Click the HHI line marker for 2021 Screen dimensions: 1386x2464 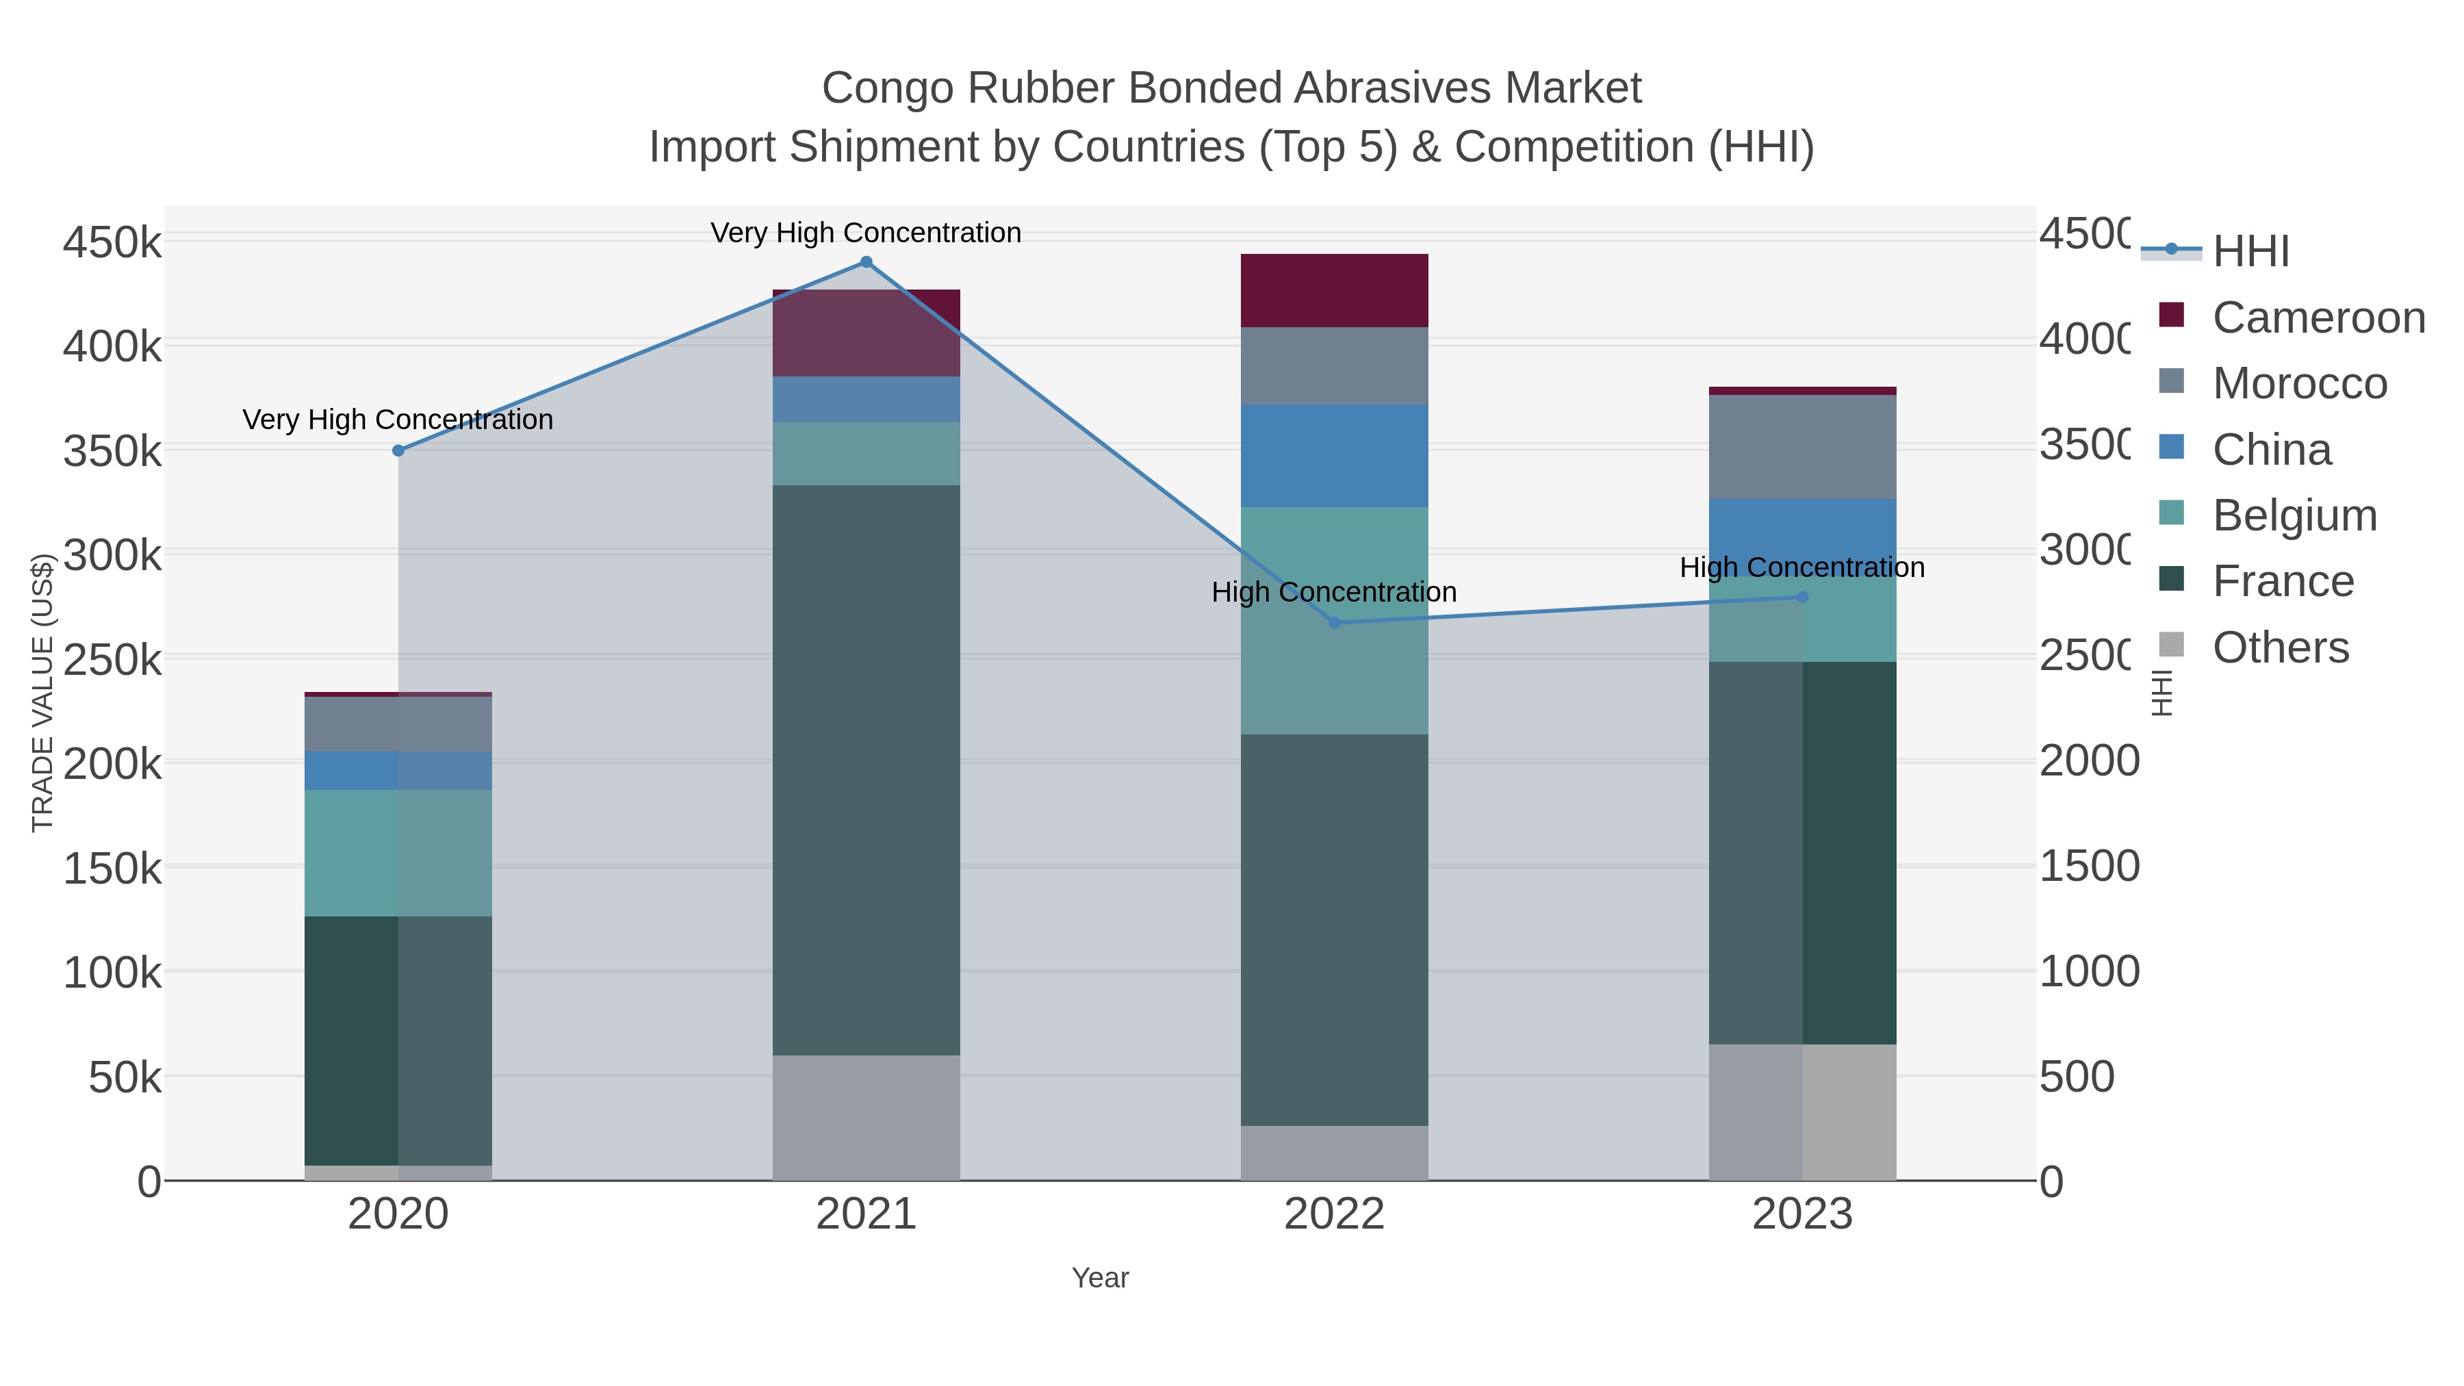pos(866,262)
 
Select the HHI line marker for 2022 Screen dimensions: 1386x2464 pos(1335,623)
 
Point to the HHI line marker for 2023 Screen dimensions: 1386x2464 pos(1802,597)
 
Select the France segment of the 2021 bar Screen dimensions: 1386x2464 pos(866,770)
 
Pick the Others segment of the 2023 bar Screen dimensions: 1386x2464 pos(1802,1112)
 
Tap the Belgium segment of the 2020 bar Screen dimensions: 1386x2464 pos(398,854)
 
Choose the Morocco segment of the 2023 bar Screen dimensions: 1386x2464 pos(1802,447)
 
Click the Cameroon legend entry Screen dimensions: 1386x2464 pos(2319,318)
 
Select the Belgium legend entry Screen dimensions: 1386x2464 pos(2294,515)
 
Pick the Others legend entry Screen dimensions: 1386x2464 pos(2281,647)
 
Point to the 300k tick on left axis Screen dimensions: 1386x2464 pos(113,555)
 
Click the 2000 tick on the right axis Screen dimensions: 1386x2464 pos(2088,761)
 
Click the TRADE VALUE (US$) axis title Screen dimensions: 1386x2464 pos(42,693)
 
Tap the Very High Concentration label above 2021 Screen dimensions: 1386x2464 pos(866,233)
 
